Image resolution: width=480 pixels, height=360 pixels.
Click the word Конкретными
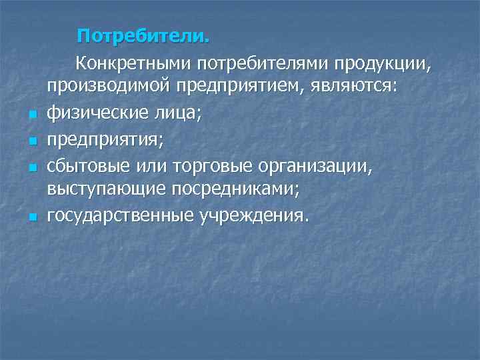(133, 65)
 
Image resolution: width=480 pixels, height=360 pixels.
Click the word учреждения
(254, 215)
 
